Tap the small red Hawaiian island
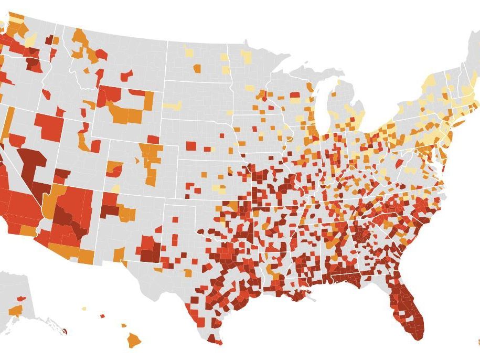102,316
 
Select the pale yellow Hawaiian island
84,309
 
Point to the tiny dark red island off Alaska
65,332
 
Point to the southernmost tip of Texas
215,342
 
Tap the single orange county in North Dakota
197,68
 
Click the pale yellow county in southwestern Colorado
116,188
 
